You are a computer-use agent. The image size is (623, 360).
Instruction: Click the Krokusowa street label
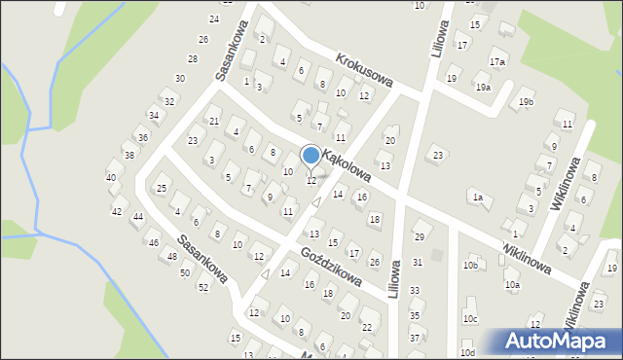coord(362,72)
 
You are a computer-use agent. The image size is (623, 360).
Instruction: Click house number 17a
coord(497,61)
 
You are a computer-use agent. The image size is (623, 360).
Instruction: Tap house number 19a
coord(483,88)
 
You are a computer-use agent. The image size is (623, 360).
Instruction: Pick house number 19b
coord(527,102)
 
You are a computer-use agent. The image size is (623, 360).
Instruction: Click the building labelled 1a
coord(477,198)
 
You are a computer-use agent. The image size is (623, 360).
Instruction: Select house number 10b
coord(471,265)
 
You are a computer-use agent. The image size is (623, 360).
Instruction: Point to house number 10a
coord(512,285)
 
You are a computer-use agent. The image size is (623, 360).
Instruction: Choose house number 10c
coord(471,319)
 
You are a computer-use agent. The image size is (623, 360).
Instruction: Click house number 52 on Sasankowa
coord(203,287)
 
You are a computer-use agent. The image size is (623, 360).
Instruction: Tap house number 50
coord(185,272)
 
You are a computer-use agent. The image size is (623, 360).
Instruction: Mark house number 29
coord(420,237)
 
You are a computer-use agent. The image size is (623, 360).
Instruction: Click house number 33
coord(415,290)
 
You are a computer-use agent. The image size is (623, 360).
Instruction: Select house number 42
coord(117,211)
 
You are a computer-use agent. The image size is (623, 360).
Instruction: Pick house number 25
coord(162,188)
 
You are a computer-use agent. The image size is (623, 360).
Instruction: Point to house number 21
coord(214,121)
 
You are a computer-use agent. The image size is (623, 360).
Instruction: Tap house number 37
coord(415,338)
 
